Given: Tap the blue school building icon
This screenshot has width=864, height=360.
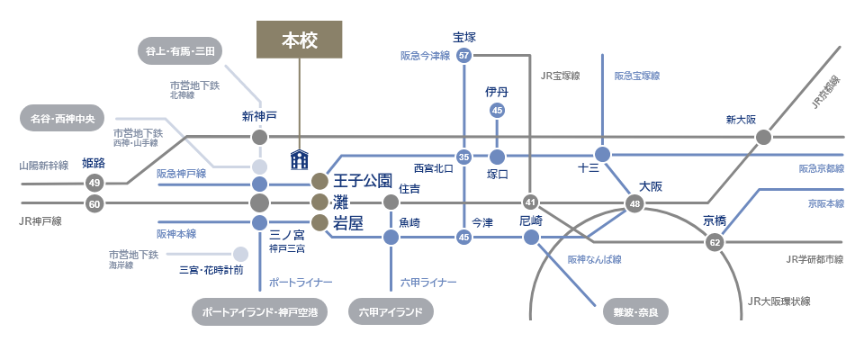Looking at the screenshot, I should coord(300,160).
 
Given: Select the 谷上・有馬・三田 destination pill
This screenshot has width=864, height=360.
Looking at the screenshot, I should coord(180,51).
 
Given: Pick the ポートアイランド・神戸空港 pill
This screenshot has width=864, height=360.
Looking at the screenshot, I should coord(259,312).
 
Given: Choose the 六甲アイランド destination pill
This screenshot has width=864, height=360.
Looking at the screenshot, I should coord(391,312).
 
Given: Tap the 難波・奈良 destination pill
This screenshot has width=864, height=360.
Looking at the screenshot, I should coord(634,312).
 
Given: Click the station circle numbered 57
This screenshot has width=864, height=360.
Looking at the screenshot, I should coord(464,56).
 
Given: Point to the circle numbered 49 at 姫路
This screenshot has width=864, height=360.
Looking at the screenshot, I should coord(94,183).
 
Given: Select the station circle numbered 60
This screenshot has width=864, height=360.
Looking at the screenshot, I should coord(94,203).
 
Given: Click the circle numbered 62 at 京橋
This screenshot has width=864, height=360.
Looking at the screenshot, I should coord(715,242).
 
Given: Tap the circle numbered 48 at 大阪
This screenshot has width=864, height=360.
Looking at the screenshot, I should coord(636,203).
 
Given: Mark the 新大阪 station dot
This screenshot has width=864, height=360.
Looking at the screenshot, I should coord(763,138).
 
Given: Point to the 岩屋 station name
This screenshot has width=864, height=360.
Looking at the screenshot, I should coord(348,223).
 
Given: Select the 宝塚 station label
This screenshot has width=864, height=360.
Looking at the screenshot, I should coord(464,37).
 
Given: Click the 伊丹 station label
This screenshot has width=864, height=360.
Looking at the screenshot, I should coord(497,92).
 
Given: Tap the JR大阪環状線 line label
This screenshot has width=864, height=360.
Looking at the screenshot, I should coord(779,301).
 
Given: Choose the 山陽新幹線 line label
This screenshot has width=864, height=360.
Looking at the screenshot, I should coord(43,166).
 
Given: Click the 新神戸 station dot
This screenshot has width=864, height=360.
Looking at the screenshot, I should coord(259,138).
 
